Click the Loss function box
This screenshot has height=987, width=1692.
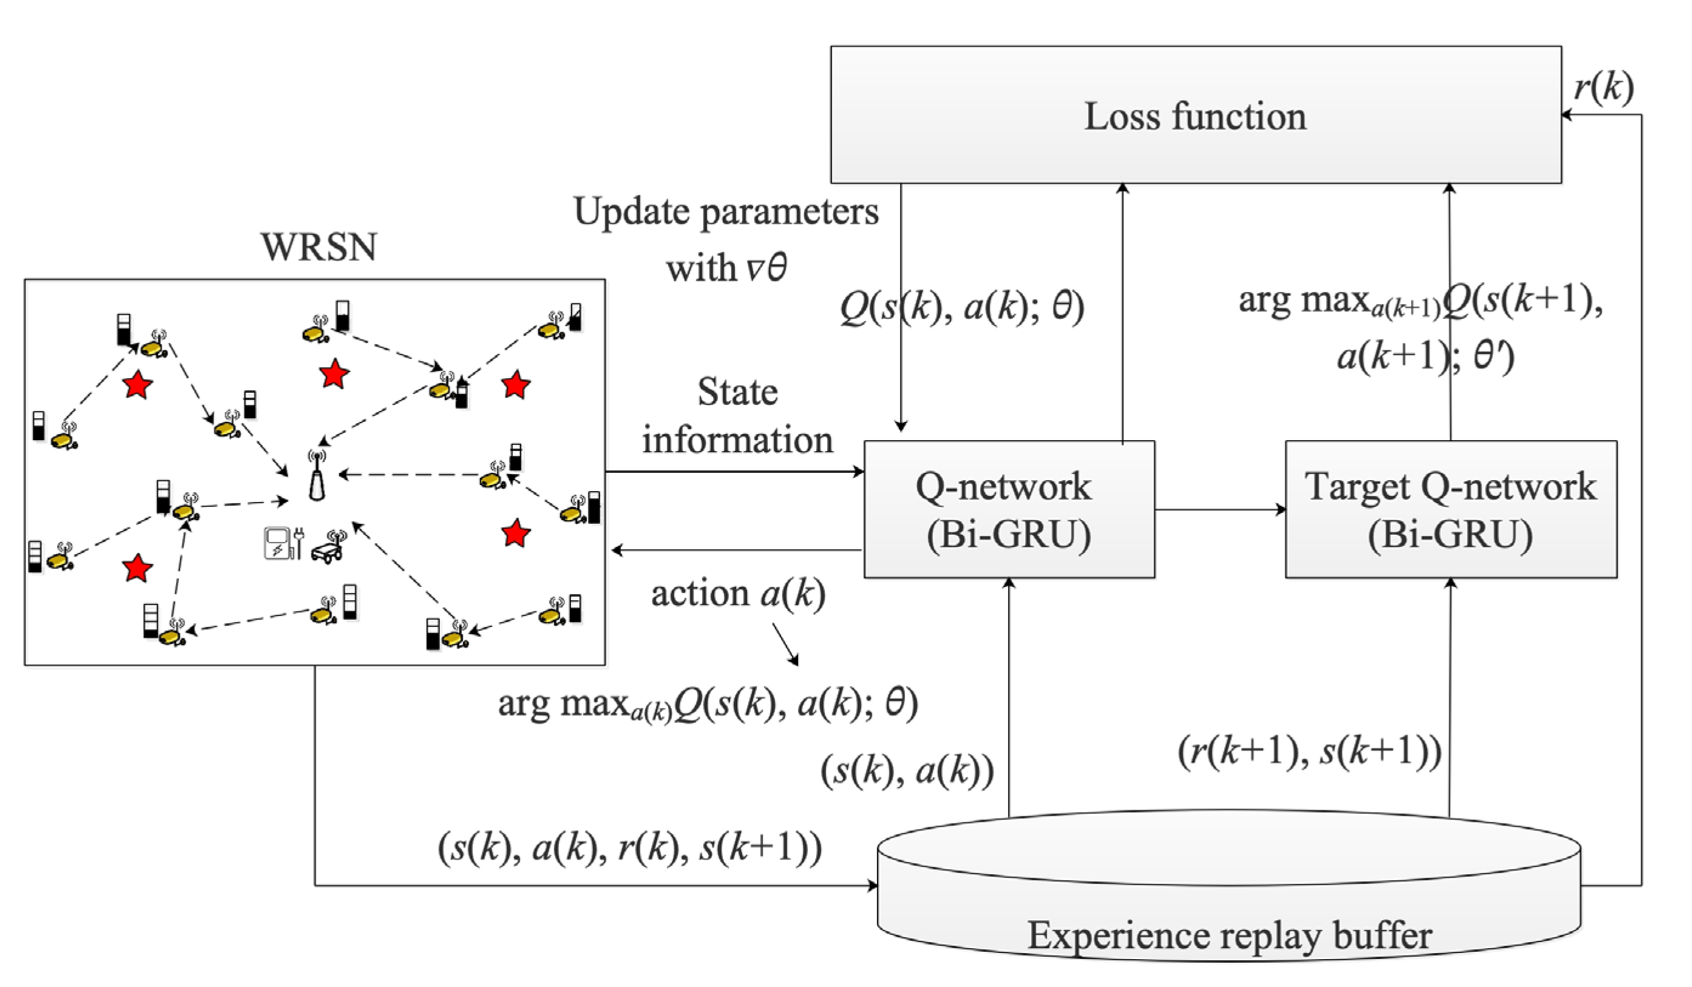click(1195, 115)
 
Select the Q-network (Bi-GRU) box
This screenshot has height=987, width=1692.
click(1009, 509)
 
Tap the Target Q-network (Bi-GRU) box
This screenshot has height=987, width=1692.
click(1450, 509)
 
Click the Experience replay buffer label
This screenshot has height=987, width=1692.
click(1229, 935)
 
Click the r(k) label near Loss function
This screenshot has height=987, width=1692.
click(1603, 87)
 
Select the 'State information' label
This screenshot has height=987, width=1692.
click(737, 416)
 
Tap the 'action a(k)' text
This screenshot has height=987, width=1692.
click(737, 594)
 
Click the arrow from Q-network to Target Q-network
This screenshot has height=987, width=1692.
click(1219, 510)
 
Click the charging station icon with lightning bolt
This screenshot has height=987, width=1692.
click(277, 544)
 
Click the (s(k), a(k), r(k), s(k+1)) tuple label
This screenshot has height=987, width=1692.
click(629, 847)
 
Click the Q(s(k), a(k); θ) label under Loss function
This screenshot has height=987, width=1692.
click(961, 308)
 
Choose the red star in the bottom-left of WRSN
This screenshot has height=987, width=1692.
click(138, 568)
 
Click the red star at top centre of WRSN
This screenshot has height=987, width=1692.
click(334, 373)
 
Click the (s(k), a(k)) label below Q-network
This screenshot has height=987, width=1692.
click(907, 771)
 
